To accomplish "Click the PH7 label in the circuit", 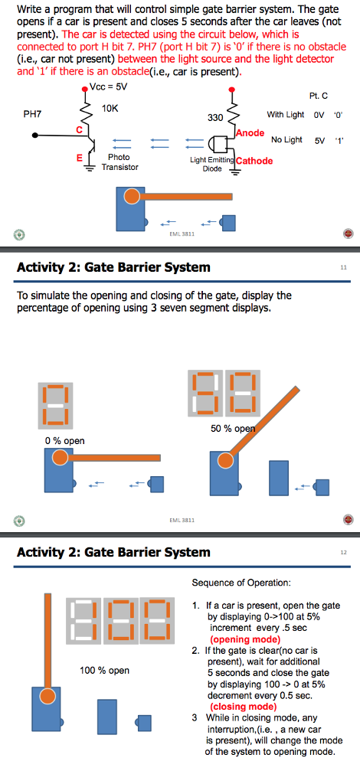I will click(x=32, y=113).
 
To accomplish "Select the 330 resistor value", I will click(x=215, y=119).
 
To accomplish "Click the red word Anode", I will click(x=250, y=132).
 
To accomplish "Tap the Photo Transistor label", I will click(x=119, y=162).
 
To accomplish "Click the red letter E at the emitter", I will click(x=78, y=158).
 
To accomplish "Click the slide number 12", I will click(x=343, y=552).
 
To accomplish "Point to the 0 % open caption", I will click(x=65, y=440).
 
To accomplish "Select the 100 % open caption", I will click(x=105, y=671).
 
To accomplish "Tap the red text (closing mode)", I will click(x=244, y=707).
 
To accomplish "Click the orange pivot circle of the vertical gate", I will click(x=48, y=695).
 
